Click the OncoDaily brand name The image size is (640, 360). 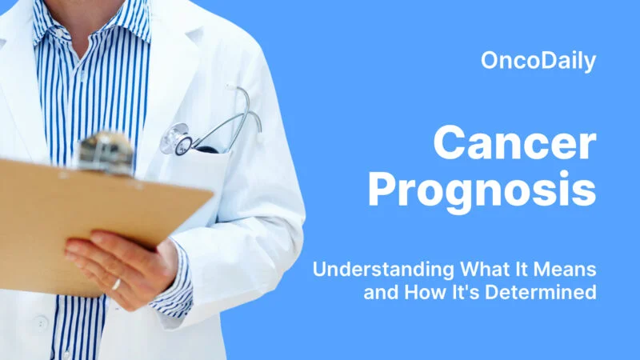[539, 61]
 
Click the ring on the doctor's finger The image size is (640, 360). [117, 283]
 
